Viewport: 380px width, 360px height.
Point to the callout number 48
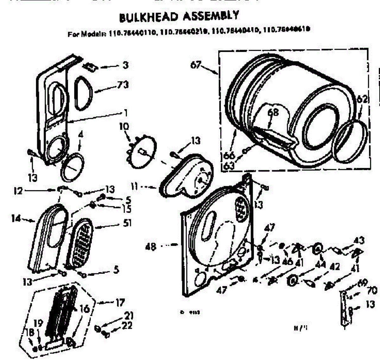pyautogui.click(x=151, y=246)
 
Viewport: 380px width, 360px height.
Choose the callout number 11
pyautogui.click(x=135, y=187)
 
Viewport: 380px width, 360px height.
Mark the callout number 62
pyautogui.click(x=362, y=99)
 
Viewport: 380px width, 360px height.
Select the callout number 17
pyautogui.click(x=120, y=303)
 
